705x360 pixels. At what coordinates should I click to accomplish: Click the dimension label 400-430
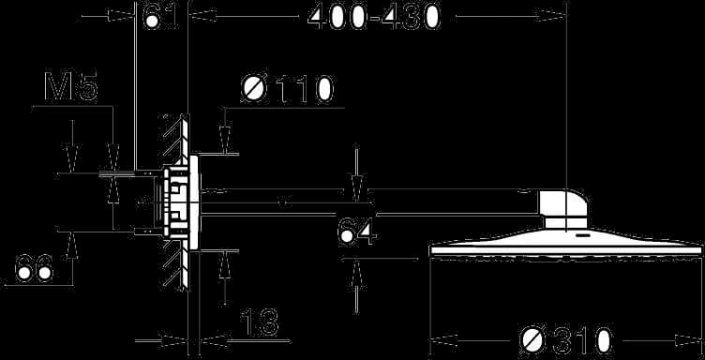(374, 18)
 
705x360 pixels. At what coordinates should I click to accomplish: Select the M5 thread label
(71, 87)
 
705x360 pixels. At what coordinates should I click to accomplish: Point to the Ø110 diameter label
(287, 89)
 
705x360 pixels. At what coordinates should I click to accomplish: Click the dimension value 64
(357, 232)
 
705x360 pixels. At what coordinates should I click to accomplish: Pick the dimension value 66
(35, 268)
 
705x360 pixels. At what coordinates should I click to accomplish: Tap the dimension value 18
(260, 322)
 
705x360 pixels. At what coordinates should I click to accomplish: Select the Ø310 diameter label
(566, 341)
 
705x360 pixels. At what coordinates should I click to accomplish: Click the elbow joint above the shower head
(563, 209)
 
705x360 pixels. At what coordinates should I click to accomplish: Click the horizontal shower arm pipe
(368, 202)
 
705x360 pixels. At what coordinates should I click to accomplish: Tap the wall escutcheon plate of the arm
(194, 202)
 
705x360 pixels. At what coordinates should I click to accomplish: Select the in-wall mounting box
(170, 202)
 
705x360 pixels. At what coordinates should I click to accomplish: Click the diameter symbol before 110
(254, 89)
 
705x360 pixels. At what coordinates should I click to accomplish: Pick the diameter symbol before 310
(532, 341)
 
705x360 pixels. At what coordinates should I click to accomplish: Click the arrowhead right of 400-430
(551, 17)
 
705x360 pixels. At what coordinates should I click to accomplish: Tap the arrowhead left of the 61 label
(122, 17)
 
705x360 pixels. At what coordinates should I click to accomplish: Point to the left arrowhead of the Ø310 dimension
(444, 338)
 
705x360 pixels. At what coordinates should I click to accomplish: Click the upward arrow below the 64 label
(356, 273)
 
